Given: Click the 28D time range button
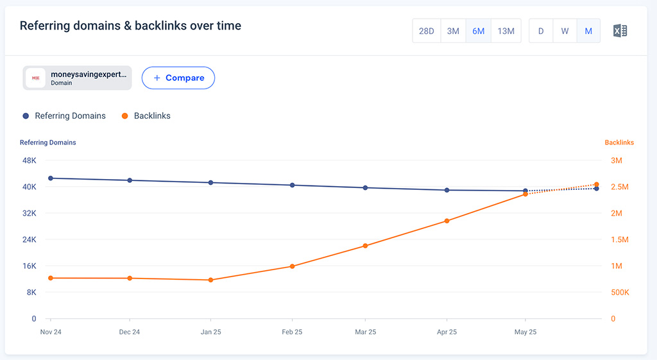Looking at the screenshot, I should coord(427,31).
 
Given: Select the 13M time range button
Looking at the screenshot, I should coord(506,31).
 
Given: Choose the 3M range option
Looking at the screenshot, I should coord(453,31).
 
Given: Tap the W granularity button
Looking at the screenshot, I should coord(565,31).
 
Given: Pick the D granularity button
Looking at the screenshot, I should coord(541,31).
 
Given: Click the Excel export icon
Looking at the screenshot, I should coord(620,31).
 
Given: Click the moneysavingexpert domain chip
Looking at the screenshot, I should coord(77,78).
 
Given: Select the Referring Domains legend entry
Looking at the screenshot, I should coord(64,116).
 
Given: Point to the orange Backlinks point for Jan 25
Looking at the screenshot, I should coord(210,280).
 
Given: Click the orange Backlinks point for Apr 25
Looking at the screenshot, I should coord(447,221).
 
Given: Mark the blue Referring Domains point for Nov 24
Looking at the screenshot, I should coord(50,178).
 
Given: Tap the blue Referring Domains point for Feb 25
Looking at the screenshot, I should coord(292,185).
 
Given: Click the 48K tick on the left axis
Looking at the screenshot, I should coord(30,160).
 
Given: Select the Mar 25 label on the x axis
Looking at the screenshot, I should coord(365,332).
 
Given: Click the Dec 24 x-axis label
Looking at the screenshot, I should coord(130,332).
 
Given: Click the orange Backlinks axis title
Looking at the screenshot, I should coord(619,142).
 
